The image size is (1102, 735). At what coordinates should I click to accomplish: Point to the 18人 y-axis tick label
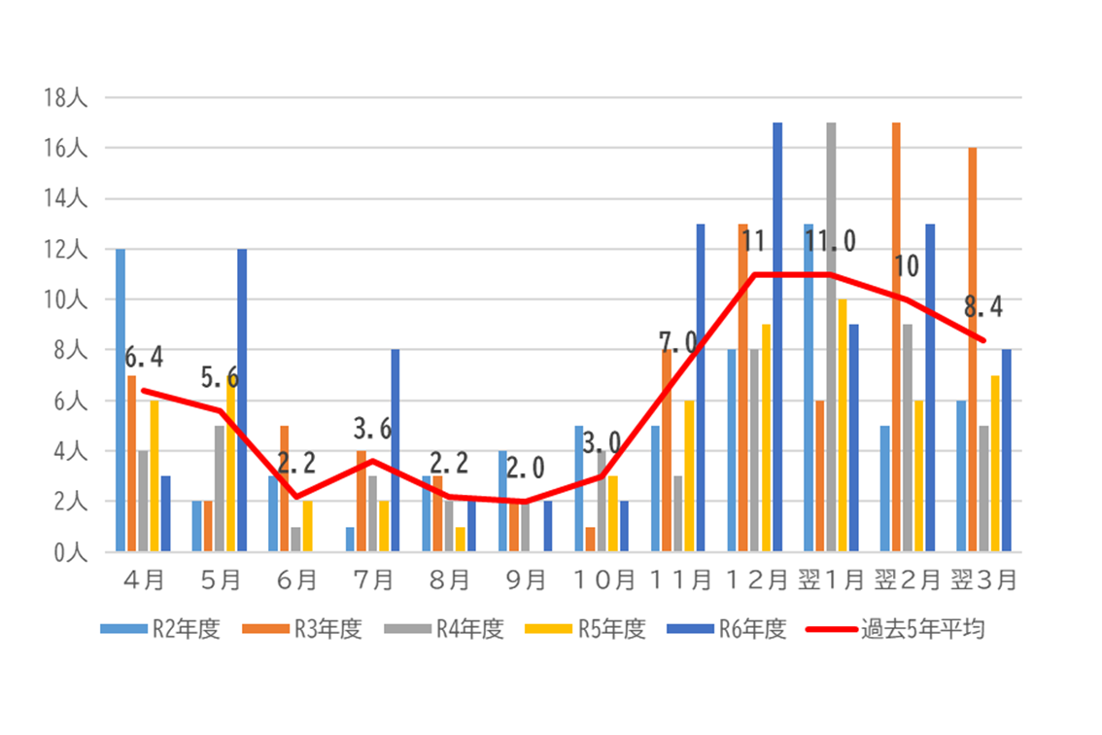coord(66,98)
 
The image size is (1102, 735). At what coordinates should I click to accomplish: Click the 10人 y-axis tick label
coord(66,299)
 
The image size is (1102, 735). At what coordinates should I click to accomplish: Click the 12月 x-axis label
coord(754,579)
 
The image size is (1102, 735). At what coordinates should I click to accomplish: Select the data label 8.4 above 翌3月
coord(982,308)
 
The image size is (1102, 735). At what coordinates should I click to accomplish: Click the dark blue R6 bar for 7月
coord(395,451)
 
